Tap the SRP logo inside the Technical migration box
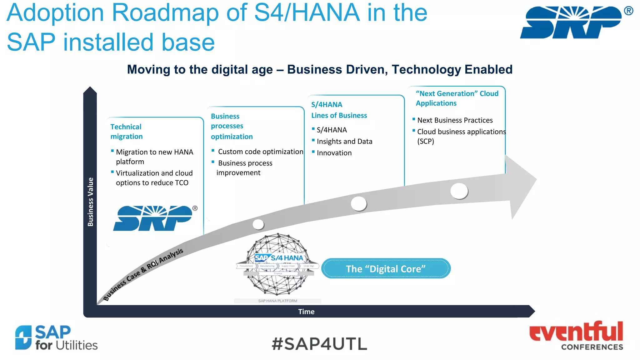(x=153, y=218)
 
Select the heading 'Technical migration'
(x=126, y=132)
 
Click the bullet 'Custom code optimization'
(x=260, y=152)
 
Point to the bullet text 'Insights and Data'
(x=344, y=142)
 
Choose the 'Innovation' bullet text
(x=334, y=153)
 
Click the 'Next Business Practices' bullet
(x=455, y=120)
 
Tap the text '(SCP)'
(x=426, y=141)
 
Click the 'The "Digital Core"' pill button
(x=386, y=269)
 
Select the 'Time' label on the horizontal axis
(x=306, y=312)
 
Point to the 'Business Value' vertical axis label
(x=90, y=202)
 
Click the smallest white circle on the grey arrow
(x=258, y=224)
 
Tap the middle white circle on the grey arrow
(x=358, y=204)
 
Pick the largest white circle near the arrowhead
(x=459, y=191)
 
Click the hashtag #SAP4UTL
(x=319, y=344)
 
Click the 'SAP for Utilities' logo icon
(x=23, y=337)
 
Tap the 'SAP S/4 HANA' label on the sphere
(x=279, y=258)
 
